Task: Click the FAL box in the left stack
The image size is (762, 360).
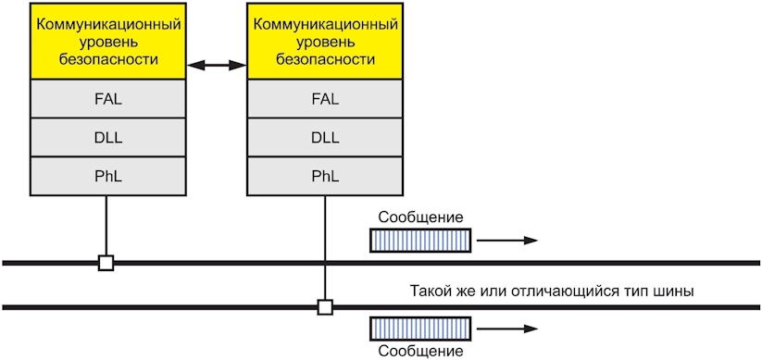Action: [107, 99]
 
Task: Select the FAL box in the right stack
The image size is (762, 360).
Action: [325, 99]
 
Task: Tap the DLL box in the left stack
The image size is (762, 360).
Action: [107, 138]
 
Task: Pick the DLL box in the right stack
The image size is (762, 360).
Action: [325, 138]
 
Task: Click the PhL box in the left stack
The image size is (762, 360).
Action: [107, 177]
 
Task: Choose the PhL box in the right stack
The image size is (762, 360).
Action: [325, 177]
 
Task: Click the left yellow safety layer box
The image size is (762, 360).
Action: [107, 42]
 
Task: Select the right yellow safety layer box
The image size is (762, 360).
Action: [325, 42]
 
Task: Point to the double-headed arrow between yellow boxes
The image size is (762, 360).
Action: [217, 65]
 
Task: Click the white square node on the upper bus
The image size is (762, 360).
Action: [106, 263]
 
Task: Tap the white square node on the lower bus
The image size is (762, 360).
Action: [325, 307]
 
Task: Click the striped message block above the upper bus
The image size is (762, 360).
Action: [420, 241]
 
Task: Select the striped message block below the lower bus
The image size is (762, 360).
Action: [420, 329]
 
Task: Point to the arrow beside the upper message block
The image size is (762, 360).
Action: [506, 241]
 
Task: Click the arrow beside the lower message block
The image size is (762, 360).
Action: [506, 329]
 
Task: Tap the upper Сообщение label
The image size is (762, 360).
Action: [420, 217]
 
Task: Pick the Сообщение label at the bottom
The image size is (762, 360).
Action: [420, 351]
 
